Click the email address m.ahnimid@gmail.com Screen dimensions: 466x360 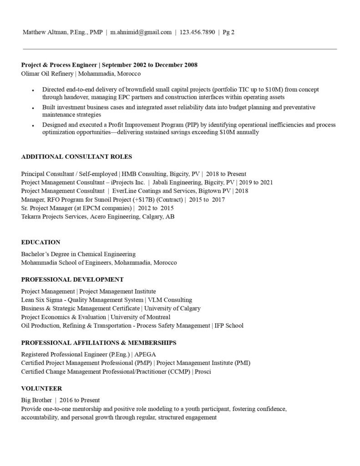[141, 32]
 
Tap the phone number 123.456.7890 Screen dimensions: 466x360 [197, 32]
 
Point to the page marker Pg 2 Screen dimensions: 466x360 [228, 32]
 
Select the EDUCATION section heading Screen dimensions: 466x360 [41, 242]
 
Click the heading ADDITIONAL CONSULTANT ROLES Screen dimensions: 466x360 [76, 157]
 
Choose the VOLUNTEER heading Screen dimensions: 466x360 [41, 389]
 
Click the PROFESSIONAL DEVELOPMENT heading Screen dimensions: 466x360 [72, 279]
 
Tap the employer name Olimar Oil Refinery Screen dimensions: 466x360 [47, 73]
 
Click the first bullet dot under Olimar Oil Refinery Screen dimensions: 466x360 [33, 91]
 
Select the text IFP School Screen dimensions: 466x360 [229, 325]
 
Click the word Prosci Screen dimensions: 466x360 [203, 371]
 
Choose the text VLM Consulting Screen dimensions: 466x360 [170, 300]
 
